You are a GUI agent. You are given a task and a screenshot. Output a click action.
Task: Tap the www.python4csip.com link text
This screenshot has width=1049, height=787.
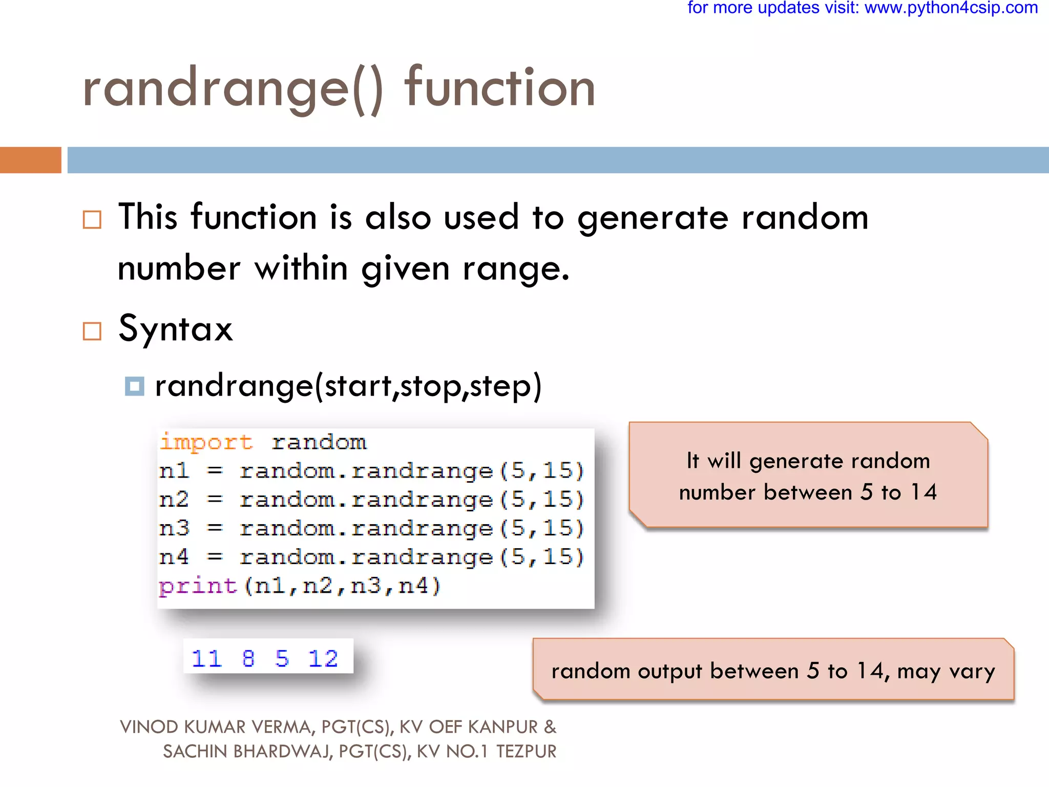(951, 8)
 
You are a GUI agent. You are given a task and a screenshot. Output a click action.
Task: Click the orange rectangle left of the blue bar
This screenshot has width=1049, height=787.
(30, 160)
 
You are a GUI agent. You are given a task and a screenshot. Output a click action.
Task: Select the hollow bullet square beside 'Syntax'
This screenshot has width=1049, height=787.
(92, 331)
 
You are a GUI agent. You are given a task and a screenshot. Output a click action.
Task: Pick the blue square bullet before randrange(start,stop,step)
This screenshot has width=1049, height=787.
(134, 386)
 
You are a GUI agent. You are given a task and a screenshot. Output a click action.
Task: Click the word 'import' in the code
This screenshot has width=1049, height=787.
(206, 442)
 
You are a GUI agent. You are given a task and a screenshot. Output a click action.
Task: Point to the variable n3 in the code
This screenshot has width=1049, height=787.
(174, 528)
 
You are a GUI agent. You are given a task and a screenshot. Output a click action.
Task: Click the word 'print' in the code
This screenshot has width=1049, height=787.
(198, 586)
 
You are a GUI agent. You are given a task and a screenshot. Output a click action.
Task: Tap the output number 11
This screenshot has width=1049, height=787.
(206, 658)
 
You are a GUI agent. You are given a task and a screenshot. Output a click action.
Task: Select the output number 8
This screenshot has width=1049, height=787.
(248, 658)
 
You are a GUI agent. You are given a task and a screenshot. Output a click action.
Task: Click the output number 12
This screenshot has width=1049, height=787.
(323, 658)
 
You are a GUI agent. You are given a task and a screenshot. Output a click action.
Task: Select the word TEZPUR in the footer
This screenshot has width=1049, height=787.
(526, 752)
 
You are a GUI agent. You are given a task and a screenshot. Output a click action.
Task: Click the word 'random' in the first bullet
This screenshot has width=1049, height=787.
(805, 217)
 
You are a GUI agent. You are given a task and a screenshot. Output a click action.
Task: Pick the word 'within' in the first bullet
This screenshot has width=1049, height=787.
(302, 268)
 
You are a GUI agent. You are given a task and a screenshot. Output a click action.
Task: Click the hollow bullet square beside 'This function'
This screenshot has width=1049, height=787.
(92, 220)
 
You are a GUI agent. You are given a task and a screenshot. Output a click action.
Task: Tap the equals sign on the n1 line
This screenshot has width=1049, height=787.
(215, 471)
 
